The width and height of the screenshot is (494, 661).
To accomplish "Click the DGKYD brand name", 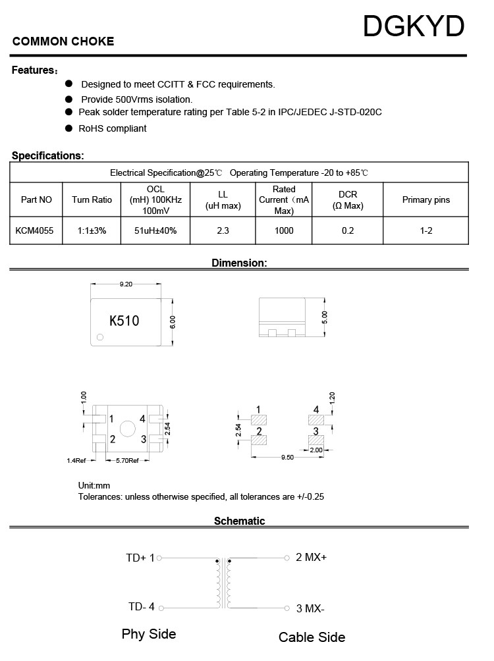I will coord(414,27).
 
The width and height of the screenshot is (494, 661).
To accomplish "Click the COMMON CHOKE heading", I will coord(63,41).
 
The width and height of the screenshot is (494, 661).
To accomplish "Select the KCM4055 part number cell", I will coord(36,230).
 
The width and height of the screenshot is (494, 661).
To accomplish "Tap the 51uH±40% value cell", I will coord(155,230).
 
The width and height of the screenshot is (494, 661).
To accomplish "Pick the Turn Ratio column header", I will coord(92,199).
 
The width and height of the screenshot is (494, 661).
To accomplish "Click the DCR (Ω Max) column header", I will coord(348,200).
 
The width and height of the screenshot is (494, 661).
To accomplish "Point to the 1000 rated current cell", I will coord(284,230).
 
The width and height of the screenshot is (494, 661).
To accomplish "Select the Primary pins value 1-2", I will coord(426,230).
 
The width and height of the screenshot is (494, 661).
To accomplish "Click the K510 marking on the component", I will coord(124,321).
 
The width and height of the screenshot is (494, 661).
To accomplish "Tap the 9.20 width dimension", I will coord(126,284).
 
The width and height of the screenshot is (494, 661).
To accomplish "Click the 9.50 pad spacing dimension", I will coord(287,457).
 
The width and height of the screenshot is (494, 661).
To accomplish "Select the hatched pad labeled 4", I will coord(317,419).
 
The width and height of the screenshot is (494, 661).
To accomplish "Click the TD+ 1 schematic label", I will coord(140,558).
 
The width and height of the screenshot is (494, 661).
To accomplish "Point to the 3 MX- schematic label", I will coord(310,608).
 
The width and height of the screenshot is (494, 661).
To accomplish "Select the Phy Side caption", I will coord(149,634).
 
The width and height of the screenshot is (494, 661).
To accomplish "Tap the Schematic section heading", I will coord(239,521).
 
